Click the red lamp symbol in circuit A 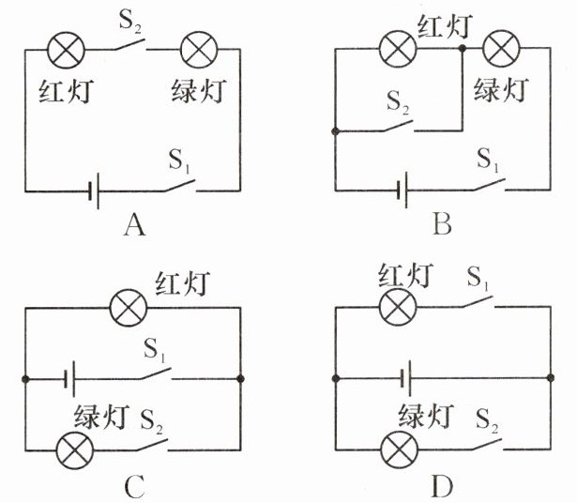coord(67,50)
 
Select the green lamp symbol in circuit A coord(199,50)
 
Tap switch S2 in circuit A coord(130,44)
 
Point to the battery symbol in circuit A coord(94,191)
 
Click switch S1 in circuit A coord(180,186)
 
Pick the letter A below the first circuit coord(135,225)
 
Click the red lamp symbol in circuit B coord(398,49)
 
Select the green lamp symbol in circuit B coord(501,49)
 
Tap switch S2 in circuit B coord(398,126)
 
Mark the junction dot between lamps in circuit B coord(463,48)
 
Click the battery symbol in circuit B coord(402,190)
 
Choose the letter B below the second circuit coord(442,225)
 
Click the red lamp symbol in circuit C coord(129,307)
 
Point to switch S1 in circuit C coord(156,373)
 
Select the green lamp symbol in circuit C coord(75,450)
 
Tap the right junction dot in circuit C coord(240,378)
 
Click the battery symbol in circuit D coord(406,378)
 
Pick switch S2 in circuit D coord(488,445)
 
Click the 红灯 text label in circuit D coord(405,275)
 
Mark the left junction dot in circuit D coord(335,378)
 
